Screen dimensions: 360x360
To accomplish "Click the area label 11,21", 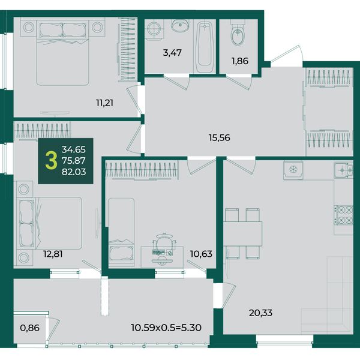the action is point(104,103).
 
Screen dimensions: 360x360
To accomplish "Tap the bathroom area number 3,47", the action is point(172,53).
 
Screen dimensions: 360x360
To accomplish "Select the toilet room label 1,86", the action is point(240,61).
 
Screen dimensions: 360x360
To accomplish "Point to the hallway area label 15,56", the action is point(219,138).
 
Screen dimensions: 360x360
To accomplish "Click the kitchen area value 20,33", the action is point(260,313).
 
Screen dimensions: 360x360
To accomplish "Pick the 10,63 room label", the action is point(201,254).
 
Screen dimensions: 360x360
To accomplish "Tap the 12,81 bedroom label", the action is point(53,254).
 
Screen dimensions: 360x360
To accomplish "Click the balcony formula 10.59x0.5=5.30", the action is point(166,328).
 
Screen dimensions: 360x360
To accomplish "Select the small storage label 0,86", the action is point(29,328).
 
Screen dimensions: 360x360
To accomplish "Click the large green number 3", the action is point(51,161).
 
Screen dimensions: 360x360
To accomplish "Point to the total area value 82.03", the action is point(74,172).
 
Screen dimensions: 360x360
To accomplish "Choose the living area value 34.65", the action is point(74,149).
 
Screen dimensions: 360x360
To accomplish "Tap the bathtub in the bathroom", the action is point(205,46).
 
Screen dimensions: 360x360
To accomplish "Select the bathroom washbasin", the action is point(181,25).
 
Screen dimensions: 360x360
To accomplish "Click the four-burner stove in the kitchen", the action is point(343,215).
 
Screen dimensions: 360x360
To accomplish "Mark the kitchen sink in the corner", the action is point(343,170).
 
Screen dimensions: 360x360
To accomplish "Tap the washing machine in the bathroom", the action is point(154,29).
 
